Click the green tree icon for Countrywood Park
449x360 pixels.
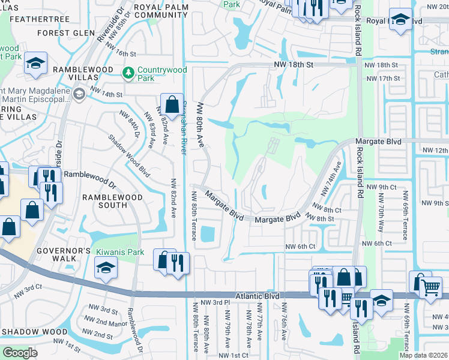[128, 73]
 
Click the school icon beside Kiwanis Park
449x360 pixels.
[105, 267]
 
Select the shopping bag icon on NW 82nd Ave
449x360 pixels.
[172, 103]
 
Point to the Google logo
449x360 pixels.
[20, 352]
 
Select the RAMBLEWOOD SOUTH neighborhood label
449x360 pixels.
[113, 201]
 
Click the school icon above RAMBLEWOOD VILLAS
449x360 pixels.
[36, 62]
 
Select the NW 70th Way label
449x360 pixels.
[381, 222]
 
